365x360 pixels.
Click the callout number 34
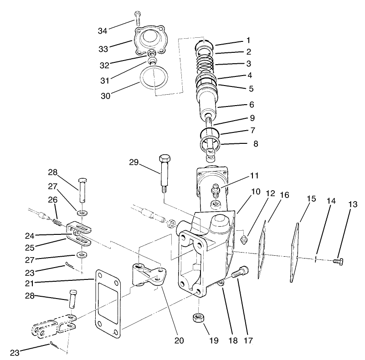click(103, 30)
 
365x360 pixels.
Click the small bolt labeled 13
click(338, 261)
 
